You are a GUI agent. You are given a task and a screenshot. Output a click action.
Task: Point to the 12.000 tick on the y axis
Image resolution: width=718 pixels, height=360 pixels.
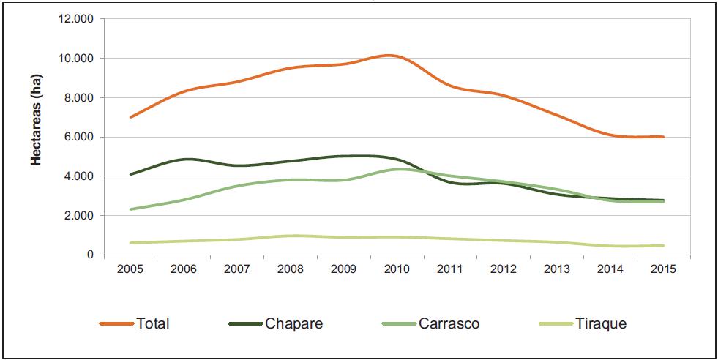pyautogui.click(x=75, y=19)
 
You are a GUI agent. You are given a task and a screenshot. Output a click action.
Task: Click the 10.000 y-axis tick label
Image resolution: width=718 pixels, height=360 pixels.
pyautogui.click(x=75, y=59)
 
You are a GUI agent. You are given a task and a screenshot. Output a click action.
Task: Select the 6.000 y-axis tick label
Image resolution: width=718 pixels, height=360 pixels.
pyautogui.click(x=78, y=138)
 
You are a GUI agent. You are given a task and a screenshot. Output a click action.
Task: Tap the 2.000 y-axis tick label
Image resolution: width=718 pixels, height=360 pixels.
pyautogui.click(x=78, y=216)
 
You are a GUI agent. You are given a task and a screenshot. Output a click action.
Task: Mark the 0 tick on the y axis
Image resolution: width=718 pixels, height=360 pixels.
pyautogui.click(x=90, y=255)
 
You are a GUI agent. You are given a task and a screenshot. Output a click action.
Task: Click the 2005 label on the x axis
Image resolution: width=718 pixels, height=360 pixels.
pyautogui.click(x=130, y=269)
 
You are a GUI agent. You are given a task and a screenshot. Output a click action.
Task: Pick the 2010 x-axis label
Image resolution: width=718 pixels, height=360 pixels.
pyautogui.click(x=397, y=269)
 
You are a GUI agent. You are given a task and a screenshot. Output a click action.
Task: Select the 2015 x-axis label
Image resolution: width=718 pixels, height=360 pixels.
pyautogui.click(x=663, y=269)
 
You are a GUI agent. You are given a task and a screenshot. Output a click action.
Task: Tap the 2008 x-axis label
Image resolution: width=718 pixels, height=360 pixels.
pyautogui.click(x=290, y=269)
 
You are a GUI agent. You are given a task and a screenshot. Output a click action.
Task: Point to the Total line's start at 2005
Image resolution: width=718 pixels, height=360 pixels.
pyautogui.click(x=130, y=117)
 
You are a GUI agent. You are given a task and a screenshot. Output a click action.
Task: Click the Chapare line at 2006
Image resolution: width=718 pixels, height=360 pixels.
pyautogui.click(x=184, y=159)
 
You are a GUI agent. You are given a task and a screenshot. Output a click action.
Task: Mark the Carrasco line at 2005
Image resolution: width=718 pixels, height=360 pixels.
pyautogui.click(x=130, y=209)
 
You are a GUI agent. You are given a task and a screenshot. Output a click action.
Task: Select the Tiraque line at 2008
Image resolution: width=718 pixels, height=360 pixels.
pyautogui.click(x=290, y=236)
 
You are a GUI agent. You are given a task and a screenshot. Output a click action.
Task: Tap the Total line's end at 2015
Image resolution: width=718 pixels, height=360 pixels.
pyautogui.click(x=663, y=137)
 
